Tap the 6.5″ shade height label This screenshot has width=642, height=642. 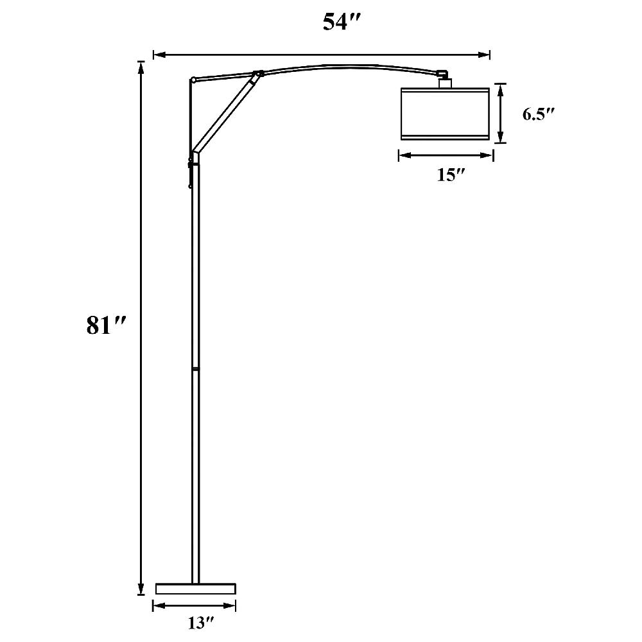pyautogui.click(x=538, y=114)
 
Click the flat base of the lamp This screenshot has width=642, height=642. pyautogui.click(x=196, y=588)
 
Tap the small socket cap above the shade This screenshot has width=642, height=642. pyautogui.click(x=445, y=82)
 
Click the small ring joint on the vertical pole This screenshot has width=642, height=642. pyautogui.click(x=195, y=370)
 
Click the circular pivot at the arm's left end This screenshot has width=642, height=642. pyautogui.click(x=193, y=80)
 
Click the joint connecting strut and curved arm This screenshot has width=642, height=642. pyautogui.click(x=258, y=74)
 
